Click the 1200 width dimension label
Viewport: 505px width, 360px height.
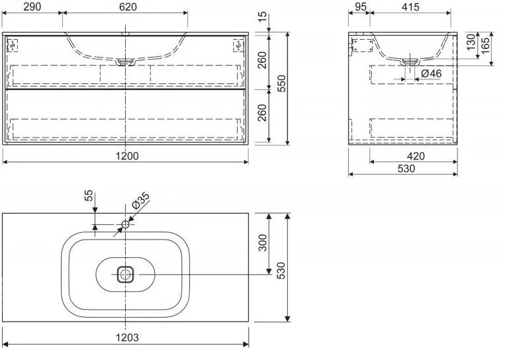tap(127, 156)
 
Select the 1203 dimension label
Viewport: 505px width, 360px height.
tap(127, 337)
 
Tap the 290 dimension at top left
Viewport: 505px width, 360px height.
tap(32, 7)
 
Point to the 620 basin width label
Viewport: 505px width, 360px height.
tap(128, 7)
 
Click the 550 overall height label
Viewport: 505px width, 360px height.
tap(281, 83)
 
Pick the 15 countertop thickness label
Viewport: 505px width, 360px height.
tap(263, 17)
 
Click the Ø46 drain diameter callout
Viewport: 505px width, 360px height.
tap(432, 73)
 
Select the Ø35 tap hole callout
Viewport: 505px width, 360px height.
tap(140, 201)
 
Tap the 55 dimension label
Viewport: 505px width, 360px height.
tap(89, 195)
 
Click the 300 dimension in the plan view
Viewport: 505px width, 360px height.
tap(263, 243)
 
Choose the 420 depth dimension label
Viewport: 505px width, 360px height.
tap(416, 156)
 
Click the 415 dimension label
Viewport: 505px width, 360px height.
tap(410, 7)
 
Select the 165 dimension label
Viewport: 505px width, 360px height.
tap(485, 46)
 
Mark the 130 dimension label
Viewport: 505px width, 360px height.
tap(471, 42)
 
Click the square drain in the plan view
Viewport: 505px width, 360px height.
tap(125, 275)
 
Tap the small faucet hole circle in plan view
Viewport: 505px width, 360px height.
tap(125, 224)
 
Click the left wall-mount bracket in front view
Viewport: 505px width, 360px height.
tap(13, 46)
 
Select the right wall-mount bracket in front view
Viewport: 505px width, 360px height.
tap(238, 46)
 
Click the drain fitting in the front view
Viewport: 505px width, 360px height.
tap(125, 62)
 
